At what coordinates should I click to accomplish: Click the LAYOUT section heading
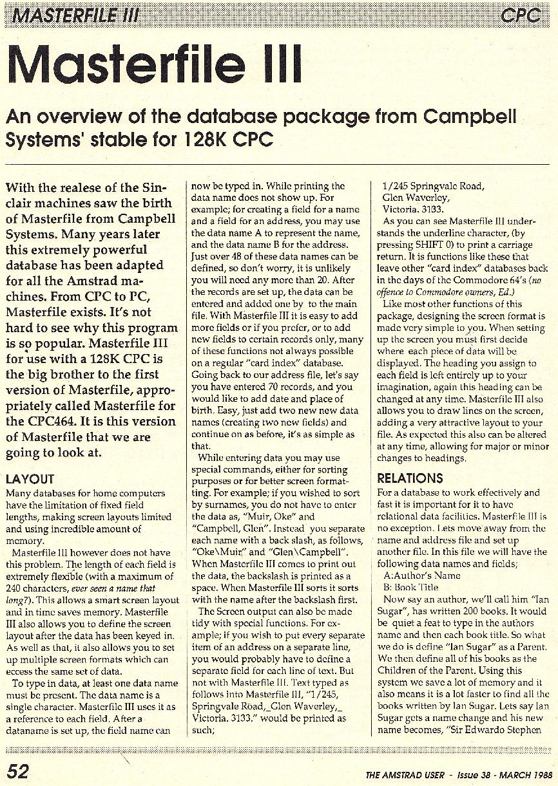tap(30, 479)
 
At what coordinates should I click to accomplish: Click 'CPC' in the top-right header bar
tap(521, 14)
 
